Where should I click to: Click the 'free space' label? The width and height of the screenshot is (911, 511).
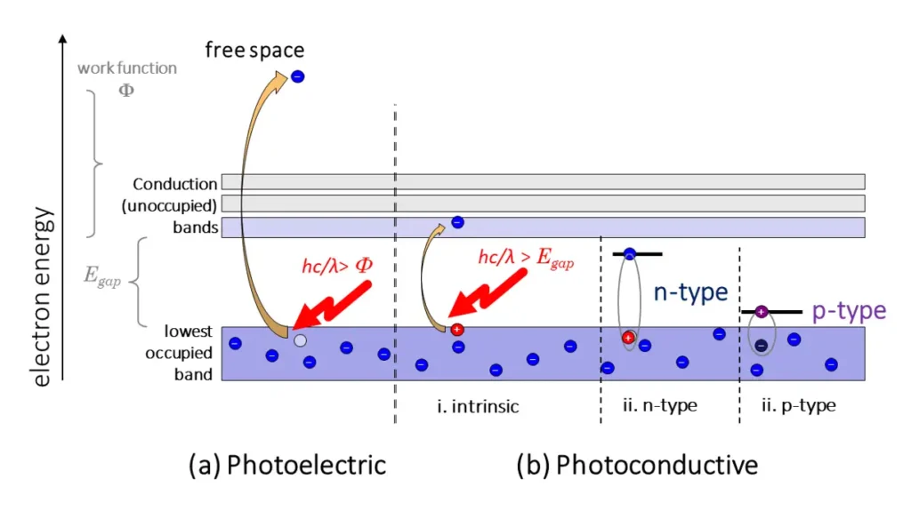tap(254, 50)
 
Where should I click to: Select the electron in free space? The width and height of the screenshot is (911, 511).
tap(298, 77)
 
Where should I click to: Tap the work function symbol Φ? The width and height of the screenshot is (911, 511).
tap(126, 91)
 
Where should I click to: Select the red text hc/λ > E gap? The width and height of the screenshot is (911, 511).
tap(526, 259)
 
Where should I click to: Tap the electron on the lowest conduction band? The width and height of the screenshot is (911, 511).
tap(457, 222)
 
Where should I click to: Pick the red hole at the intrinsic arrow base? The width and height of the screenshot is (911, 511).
tap(457, 330)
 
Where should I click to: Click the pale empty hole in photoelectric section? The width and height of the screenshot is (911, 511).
tap(300, 340)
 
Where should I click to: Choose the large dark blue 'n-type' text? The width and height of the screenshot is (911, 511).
tap(691, 292)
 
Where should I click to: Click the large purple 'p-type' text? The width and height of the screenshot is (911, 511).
tap(849, 310)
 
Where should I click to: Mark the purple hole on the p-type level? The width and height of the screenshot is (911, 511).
tap(762, 311)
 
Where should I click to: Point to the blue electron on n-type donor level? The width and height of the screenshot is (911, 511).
tap(630, 254)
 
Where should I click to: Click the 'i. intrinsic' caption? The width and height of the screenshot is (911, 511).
tap(477, 407)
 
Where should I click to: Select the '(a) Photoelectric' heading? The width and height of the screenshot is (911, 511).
tap(287, 465)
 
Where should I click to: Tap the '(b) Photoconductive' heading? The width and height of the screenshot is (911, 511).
tap(636, 465)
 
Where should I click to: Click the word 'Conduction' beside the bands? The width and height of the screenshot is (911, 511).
tap(174, 185)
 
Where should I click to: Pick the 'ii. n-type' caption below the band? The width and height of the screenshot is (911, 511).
tap(660, 407)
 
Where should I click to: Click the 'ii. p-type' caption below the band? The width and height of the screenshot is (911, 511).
tap(798, 407)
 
